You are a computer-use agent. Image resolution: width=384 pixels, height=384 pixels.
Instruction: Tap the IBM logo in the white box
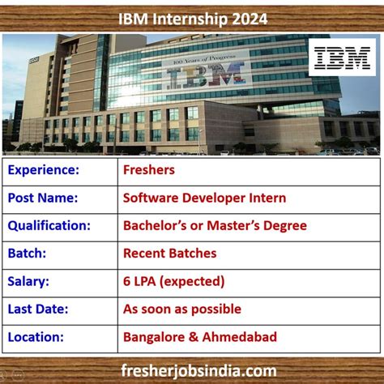pos(342,58)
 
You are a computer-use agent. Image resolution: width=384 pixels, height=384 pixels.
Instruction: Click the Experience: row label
pos(44,170)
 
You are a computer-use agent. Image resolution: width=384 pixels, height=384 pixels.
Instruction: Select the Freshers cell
pos(149,170)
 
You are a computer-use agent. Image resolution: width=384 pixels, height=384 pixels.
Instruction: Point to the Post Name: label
pos(43,198)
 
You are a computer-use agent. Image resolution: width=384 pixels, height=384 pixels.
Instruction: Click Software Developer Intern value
pos(204,198)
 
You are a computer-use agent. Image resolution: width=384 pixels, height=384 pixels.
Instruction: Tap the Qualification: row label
pos(49,225)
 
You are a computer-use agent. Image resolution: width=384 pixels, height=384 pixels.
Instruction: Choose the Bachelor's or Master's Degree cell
pos(215,225)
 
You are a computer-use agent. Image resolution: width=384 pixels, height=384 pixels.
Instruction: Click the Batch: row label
pos(30,253)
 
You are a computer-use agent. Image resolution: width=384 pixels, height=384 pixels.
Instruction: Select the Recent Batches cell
pos(170,253)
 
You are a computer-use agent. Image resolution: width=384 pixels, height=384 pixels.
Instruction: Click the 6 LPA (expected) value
pos(173,280)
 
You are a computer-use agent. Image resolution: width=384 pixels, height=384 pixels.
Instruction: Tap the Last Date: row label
pos(40,308)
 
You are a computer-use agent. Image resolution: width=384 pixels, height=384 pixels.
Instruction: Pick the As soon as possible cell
pos(182,308)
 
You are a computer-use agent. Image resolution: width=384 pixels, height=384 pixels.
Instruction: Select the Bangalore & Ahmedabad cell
pos(200,335)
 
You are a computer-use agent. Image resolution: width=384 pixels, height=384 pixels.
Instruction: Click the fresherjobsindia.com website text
pos(193,369)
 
